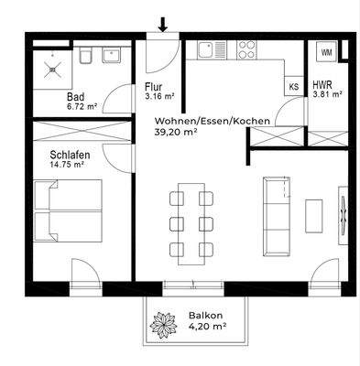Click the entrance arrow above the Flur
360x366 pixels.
pyautogui.click(x=163, y=24)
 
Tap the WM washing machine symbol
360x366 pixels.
pyautogui.click(x=325, y=52)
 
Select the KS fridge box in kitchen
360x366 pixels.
pyautogui.click(x=293, y=88)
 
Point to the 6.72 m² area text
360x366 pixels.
pyautogui.click(x=82, y=106)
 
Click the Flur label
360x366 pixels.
pyautogui.click(x=153, y=89)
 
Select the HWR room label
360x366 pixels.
pyautogui.click(x=322, y=83)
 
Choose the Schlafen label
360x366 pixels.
pyautogui.click(x=70, y=156)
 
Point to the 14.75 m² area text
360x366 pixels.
pyautogui.click(x=69, y=167)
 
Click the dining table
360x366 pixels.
pyautogui.click(x=190, y=222)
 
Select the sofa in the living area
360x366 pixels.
pyautogui.click(x=274, y=214)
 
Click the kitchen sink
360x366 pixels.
pyautogui.click(x=213, y=49)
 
